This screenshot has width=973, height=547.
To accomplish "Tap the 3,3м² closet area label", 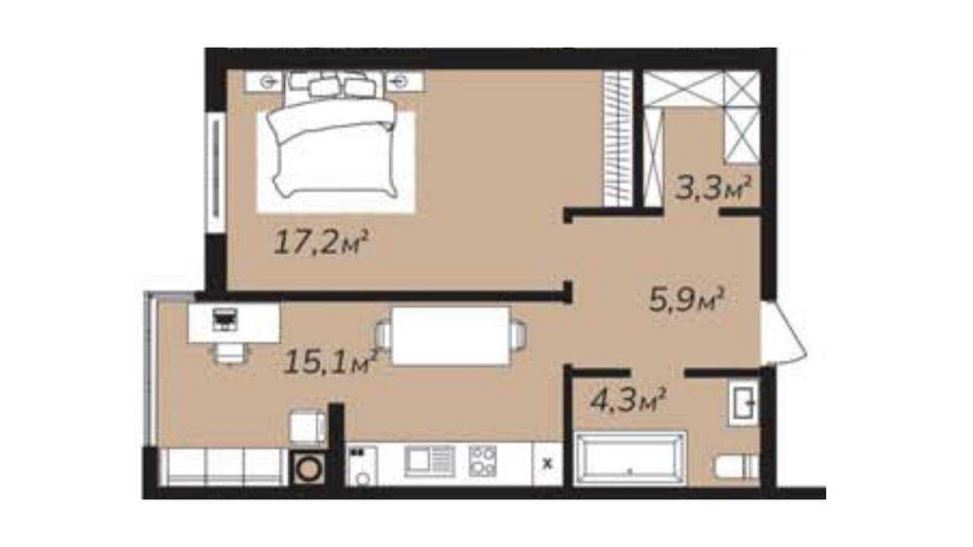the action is pos(713,188).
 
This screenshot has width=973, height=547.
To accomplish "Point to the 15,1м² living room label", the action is pos(331,361).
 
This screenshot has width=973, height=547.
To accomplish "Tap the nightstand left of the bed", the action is pos(265,82).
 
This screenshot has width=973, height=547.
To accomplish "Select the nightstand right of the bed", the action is pos(404,82).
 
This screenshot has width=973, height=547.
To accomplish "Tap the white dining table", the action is pos(451,336).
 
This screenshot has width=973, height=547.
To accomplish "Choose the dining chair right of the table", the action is pos(519,335).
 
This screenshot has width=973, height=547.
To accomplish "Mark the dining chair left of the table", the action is pos(384,335).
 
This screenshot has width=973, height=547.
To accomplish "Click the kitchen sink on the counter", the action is pos(429,460).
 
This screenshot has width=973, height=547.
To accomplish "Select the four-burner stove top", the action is pos(483,460).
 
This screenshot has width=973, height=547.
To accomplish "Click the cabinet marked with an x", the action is pos(547,463).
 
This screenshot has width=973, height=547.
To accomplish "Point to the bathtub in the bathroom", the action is pos(630,457).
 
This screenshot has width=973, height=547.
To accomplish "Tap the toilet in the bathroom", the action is pos(736,467).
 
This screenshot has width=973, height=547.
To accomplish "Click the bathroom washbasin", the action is pos(743,404).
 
